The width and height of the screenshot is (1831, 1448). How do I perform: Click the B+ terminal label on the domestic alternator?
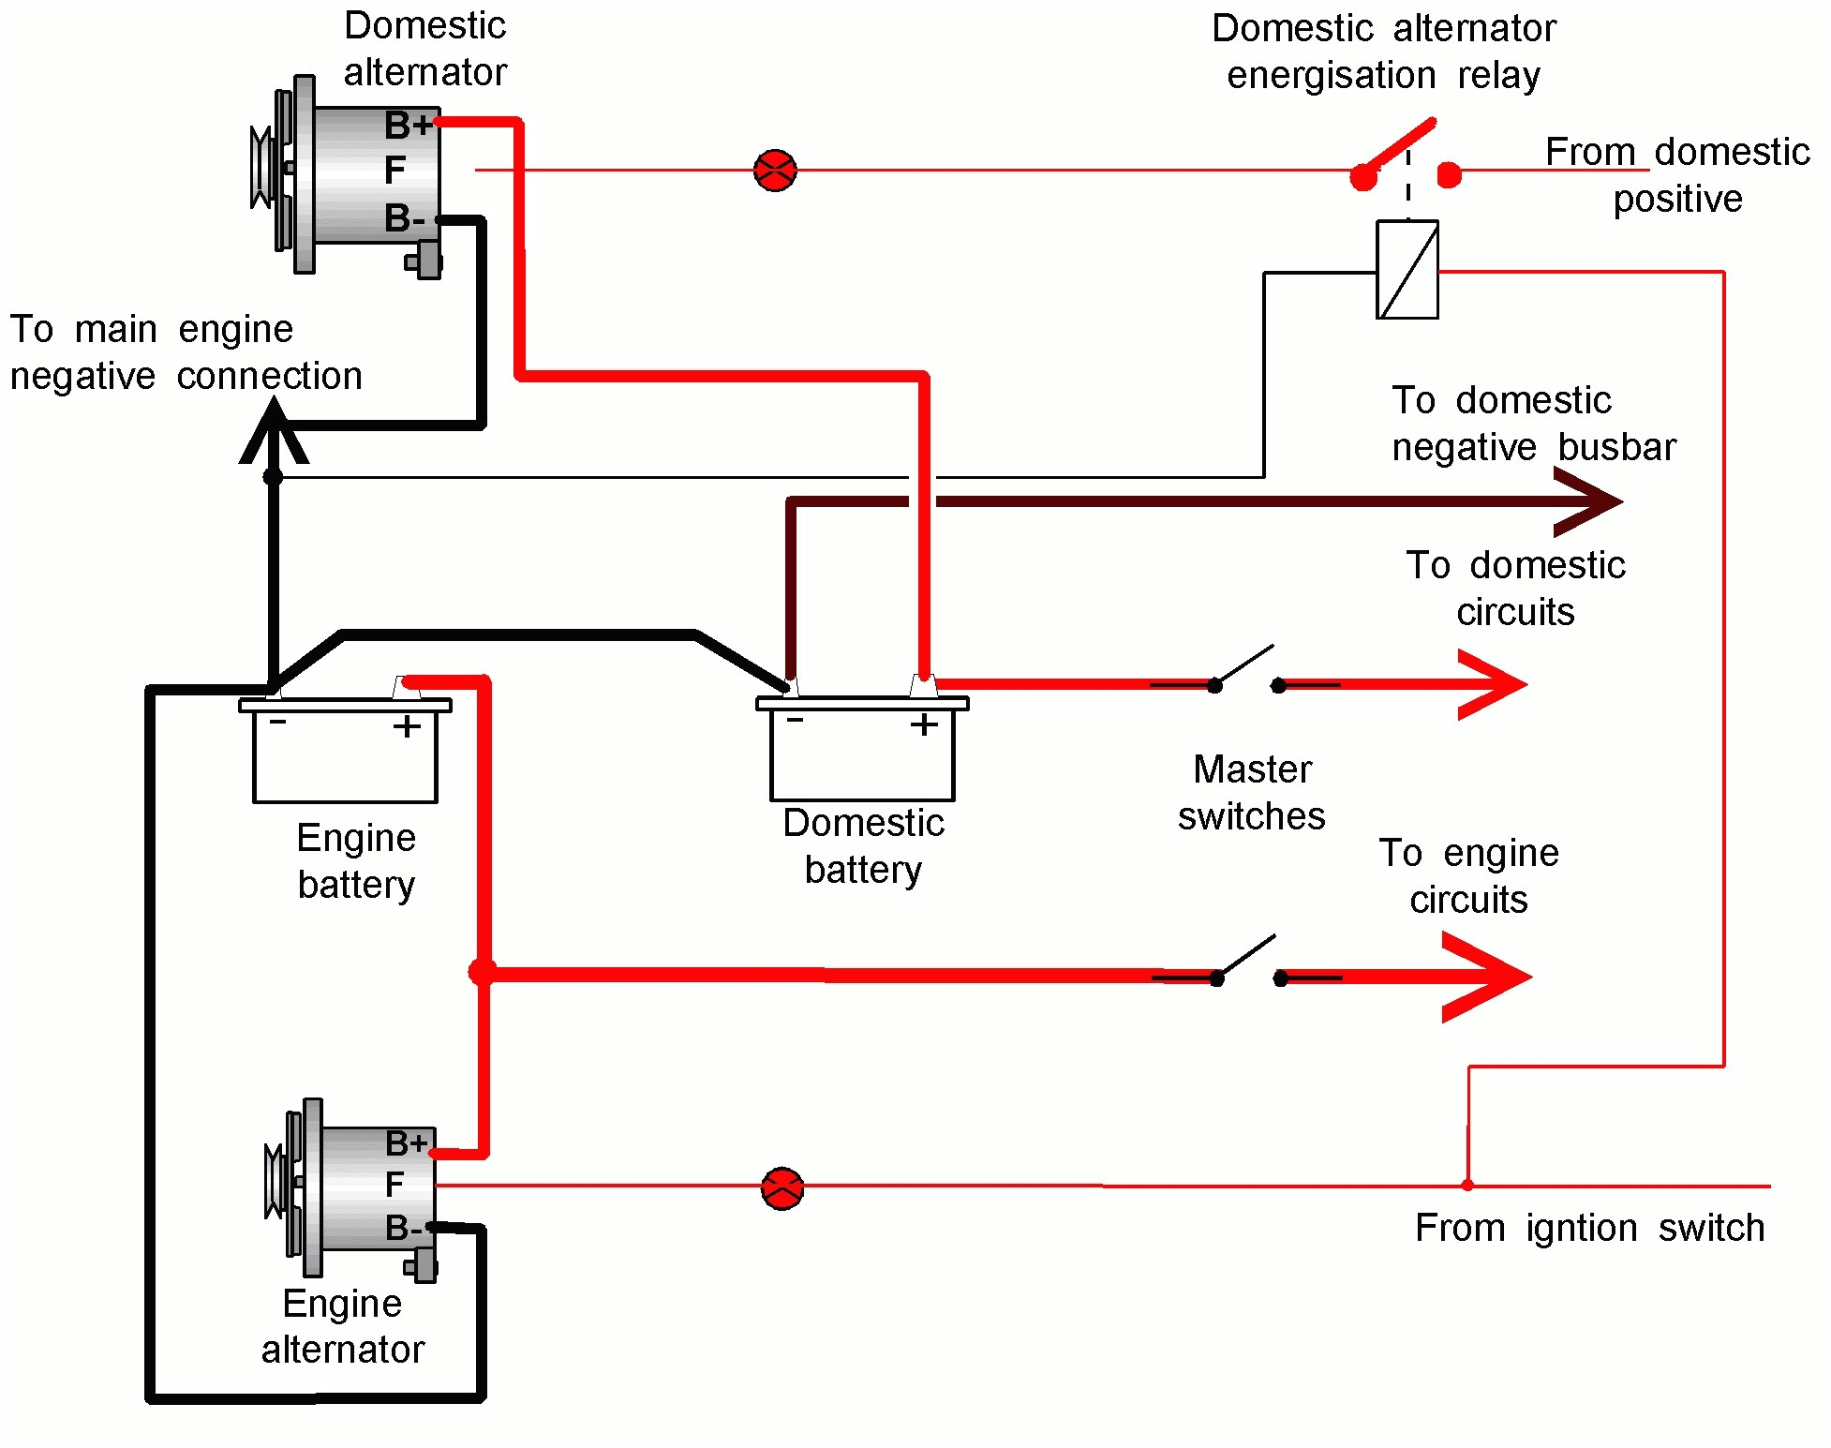pos(409,125)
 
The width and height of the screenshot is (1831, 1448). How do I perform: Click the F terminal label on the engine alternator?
pos(394,1185)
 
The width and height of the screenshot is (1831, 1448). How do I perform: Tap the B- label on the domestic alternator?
pos(405,218)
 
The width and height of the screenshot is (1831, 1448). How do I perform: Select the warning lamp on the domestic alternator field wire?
pos(775,171)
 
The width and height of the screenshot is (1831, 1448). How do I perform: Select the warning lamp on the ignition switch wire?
pos(782,1188)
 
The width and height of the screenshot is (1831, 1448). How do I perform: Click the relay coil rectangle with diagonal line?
pos(1407,270)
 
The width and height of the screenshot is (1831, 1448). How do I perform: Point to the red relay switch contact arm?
pos(1398,148)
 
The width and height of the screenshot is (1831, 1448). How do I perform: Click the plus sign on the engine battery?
pos(407,726)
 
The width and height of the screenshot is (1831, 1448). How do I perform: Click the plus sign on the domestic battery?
pos(924,724)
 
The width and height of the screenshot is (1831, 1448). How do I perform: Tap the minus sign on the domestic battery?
pos(795,720)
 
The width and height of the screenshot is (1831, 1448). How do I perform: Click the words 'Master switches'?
pos(1251,793)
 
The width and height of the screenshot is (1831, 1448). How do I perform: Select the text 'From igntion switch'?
pos(1589,1228)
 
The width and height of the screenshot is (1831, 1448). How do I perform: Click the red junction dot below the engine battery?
pos(482,972)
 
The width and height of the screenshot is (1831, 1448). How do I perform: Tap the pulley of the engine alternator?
pos(275,1183)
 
